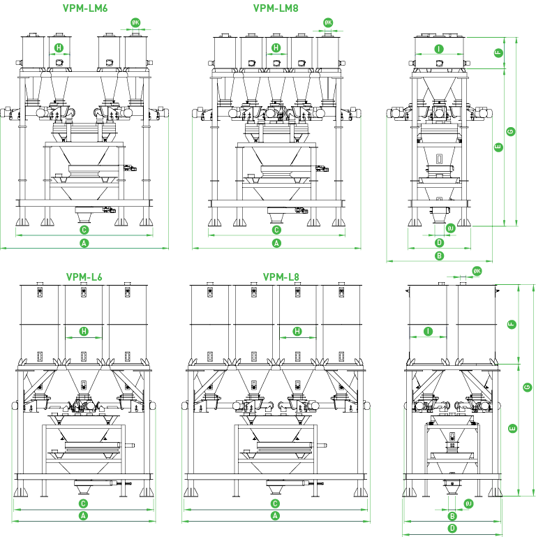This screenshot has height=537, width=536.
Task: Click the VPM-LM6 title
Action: click(85, 8)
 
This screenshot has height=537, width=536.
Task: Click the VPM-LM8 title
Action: click(276, 8)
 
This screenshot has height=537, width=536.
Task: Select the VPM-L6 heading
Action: click(84, 277)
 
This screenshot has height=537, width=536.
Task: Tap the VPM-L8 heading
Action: click(281, 277)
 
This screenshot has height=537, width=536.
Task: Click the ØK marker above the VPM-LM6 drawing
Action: click(135, 22)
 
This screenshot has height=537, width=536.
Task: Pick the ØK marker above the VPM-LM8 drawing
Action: click(328, 22)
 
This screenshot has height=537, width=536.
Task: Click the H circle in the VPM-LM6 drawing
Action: click(59, 47)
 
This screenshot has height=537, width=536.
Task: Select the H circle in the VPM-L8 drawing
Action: click(297, 331)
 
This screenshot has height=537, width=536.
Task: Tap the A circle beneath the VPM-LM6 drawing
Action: click(84, 243)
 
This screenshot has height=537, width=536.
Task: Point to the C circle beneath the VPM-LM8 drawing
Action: click(276, 230)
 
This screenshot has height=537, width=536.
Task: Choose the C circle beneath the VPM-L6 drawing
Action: click(83, 503)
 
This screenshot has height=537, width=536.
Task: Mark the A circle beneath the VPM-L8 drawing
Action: click(275, 516)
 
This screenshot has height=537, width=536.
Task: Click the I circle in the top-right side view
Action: click(439, 49)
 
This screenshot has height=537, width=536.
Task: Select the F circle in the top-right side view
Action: click(498, 53)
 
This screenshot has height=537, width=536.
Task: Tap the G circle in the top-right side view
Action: click(511, 131)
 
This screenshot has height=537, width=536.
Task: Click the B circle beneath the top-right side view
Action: click(439, 256)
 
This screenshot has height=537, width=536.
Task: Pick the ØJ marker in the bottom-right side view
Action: click(468, 503)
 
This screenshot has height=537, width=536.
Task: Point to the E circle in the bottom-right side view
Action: click(512, 429)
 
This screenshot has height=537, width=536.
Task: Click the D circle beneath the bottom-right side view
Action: click(452, 528)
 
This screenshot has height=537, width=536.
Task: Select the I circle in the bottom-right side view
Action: click(429, 331)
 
